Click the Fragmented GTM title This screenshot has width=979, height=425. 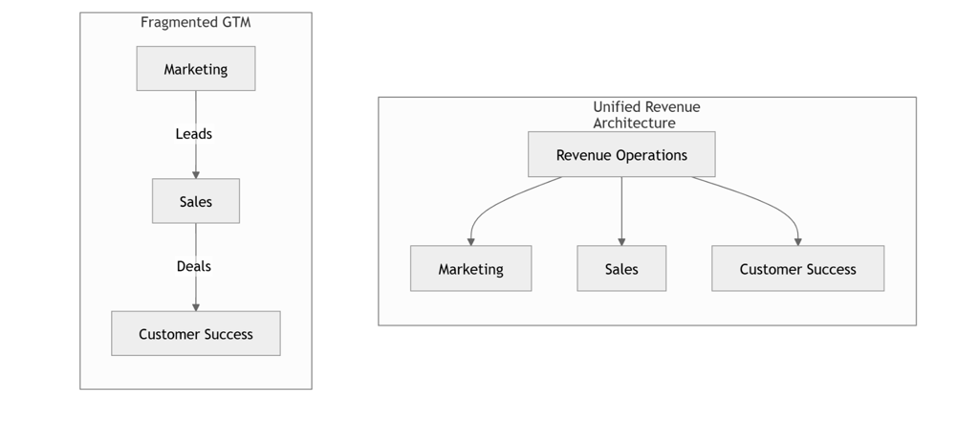[195, 23]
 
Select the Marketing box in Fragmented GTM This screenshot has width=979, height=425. [195, 69]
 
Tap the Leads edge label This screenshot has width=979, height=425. [194, 134]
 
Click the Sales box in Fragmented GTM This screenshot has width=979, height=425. [195, 201]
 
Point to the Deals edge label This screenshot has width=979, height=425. [194, 266]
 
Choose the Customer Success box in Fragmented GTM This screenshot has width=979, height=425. [195, 334]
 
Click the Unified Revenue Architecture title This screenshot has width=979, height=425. [645, 115]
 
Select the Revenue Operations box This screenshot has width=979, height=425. [621, 155]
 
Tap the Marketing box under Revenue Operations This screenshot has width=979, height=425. [470, 269]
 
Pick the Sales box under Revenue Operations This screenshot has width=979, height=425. [621, 269]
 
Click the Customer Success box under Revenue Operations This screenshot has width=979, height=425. [797, 269]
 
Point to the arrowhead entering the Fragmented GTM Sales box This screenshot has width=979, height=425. [195, 174]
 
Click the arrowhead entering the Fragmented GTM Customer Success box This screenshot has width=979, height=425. [195, 306]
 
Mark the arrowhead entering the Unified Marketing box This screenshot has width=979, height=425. [470, 241]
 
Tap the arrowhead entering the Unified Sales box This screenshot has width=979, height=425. [621, 241]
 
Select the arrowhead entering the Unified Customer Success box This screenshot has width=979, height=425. [797, 241]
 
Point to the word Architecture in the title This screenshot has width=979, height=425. [634, 123]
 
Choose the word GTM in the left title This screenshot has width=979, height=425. [234, 23]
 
